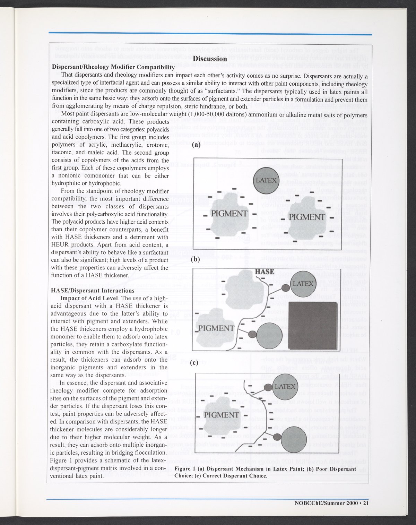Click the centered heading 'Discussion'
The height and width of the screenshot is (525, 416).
[210, 59]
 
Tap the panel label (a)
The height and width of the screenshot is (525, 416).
[196, 146]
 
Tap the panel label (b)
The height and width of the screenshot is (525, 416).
[196, 259]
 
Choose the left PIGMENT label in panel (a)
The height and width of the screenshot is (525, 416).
[229, 213]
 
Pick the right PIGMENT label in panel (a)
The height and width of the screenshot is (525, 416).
[307, 217]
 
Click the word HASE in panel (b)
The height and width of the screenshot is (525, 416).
[265, 272]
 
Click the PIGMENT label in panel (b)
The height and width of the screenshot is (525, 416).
[216, 328]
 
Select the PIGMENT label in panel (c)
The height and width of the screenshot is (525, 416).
[222, 415]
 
